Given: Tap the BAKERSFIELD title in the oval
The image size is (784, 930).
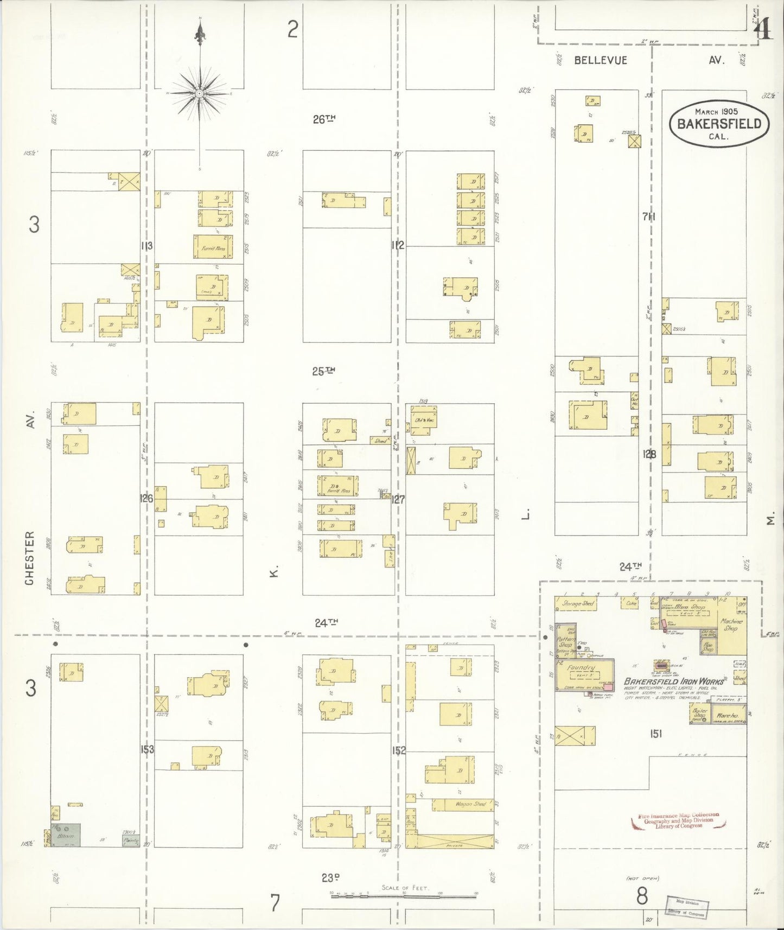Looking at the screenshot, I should click(719, 124).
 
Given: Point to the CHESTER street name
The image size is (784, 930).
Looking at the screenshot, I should click(30, 557).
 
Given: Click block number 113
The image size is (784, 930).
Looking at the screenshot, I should click(146, 246).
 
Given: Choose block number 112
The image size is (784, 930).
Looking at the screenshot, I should click(398, 245).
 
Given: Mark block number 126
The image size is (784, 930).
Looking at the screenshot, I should click(146, 498).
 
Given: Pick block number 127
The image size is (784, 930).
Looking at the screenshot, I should click(398, 499).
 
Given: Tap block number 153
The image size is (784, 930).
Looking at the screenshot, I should click(147, 749).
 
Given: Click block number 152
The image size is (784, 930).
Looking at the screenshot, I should click(399, 751).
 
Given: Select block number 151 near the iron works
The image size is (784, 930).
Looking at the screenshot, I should click(655, 734).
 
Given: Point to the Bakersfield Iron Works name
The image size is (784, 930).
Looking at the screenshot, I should click(673, 682).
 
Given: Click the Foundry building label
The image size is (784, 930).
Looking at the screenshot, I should click(581, 668).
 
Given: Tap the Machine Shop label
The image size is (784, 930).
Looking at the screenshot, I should click(730, 625).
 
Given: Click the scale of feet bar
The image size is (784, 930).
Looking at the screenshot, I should click(404, 895).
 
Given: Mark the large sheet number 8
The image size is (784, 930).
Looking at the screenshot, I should click(642, 896).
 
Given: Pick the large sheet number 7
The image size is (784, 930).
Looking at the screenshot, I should click(275, 903).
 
